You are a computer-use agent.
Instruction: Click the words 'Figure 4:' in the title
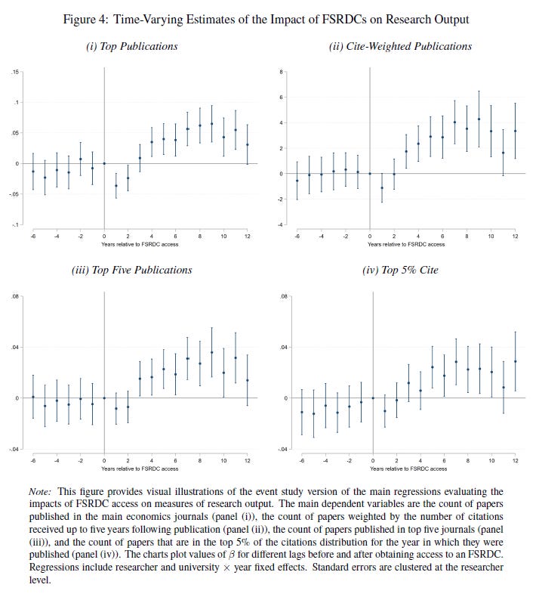click(x=88, y=19)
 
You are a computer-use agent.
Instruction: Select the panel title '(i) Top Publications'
click(x=132, y=46)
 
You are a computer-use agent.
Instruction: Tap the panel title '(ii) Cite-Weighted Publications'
click(x=400, y=46)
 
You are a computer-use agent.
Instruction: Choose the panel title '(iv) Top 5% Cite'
click(x=400, y=270)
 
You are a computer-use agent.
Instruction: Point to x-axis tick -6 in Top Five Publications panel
click(x=32, y=460)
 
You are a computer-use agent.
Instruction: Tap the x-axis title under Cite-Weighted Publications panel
click(x=406, y=244)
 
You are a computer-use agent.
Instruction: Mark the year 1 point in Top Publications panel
click(x=116, y=186)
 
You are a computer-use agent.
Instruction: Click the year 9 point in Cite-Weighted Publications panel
click(x=479, y=119)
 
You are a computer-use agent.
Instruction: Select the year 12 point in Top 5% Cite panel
click(x=515, y=361)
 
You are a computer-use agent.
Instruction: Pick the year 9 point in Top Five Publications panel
click(x=211, y=352)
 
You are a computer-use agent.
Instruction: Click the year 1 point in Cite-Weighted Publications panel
click(x=382, y=188)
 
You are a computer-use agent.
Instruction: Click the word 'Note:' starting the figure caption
click(x=42, y=492)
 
